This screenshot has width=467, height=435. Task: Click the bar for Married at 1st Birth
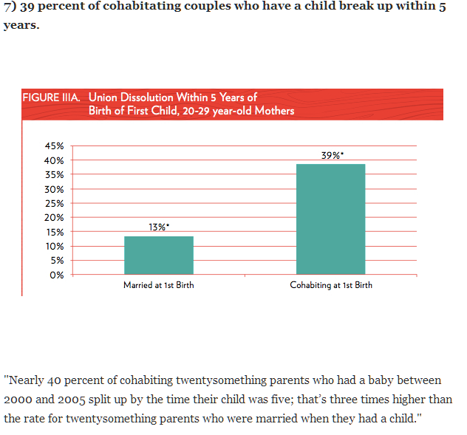[159, 255]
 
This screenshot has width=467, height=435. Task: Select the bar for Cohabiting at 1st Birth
[330, 219]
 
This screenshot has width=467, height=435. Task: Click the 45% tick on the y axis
[55, 146]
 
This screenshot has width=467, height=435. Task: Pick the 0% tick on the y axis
[58, 275]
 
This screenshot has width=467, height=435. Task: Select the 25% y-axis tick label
[55, 203]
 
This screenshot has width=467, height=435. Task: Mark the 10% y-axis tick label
[55, 246]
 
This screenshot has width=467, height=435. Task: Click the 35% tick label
[55, 175]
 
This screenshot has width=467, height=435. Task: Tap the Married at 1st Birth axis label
[159, 286]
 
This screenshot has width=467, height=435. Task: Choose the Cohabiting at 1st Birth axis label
[331, 286]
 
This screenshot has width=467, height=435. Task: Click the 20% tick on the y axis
[55, 218]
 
